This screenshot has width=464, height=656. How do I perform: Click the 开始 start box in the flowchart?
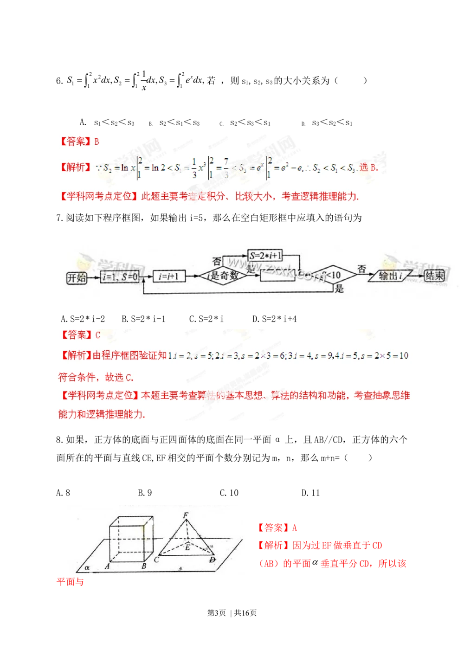77,278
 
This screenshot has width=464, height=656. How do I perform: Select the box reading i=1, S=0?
120,277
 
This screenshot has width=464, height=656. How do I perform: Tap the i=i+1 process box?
168,277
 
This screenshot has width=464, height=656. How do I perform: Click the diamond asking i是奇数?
223,276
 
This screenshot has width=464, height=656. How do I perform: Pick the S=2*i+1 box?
265,255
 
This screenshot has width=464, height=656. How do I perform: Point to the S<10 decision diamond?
333,275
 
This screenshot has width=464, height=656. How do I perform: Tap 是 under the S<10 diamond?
339,289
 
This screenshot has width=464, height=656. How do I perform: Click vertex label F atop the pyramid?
186,515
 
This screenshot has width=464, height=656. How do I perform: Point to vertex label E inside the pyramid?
187,547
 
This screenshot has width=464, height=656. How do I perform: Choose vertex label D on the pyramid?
213,560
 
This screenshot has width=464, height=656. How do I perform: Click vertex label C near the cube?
156,560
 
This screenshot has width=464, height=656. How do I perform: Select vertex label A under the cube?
107,566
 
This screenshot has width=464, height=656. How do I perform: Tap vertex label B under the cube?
144,566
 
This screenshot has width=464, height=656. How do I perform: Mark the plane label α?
87,567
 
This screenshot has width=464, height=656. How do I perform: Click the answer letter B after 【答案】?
97,141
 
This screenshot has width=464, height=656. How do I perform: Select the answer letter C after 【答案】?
97,335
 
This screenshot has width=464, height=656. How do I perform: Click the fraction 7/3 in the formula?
226,168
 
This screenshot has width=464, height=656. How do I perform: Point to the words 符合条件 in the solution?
77,377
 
